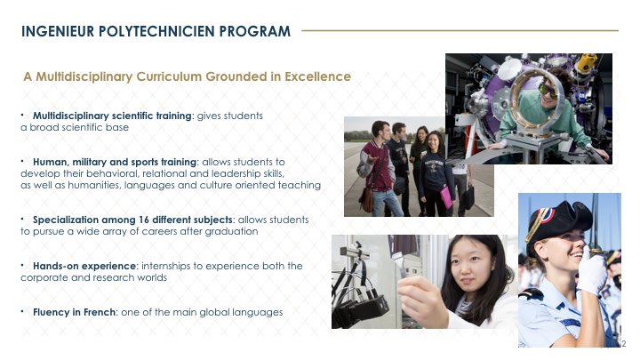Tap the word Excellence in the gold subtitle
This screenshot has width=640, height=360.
tap(317, 76)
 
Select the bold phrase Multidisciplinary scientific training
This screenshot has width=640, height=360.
tap(112, 116)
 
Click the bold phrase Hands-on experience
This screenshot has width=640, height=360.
tap(84, 266)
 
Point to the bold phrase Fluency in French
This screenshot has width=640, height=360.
tap(75, 312)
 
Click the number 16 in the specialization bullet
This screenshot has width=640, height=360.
tap(143, 220)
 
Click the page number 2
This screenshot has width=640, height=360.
tap(624, 344)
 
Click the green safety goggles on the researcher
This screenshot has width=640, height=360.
tap(548, 90)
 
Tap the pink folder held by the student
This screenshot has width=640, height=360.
tap(446, 197)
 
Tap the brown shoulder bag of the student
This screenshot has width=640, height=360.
tap(366, 199)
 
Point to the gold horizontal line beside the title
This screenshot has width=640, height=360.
tap(460, 30)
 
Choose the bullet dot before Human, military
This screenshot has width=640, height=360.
tap(22, 162)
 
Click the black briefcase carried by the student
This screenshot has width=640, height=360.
tap(468, 197)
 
